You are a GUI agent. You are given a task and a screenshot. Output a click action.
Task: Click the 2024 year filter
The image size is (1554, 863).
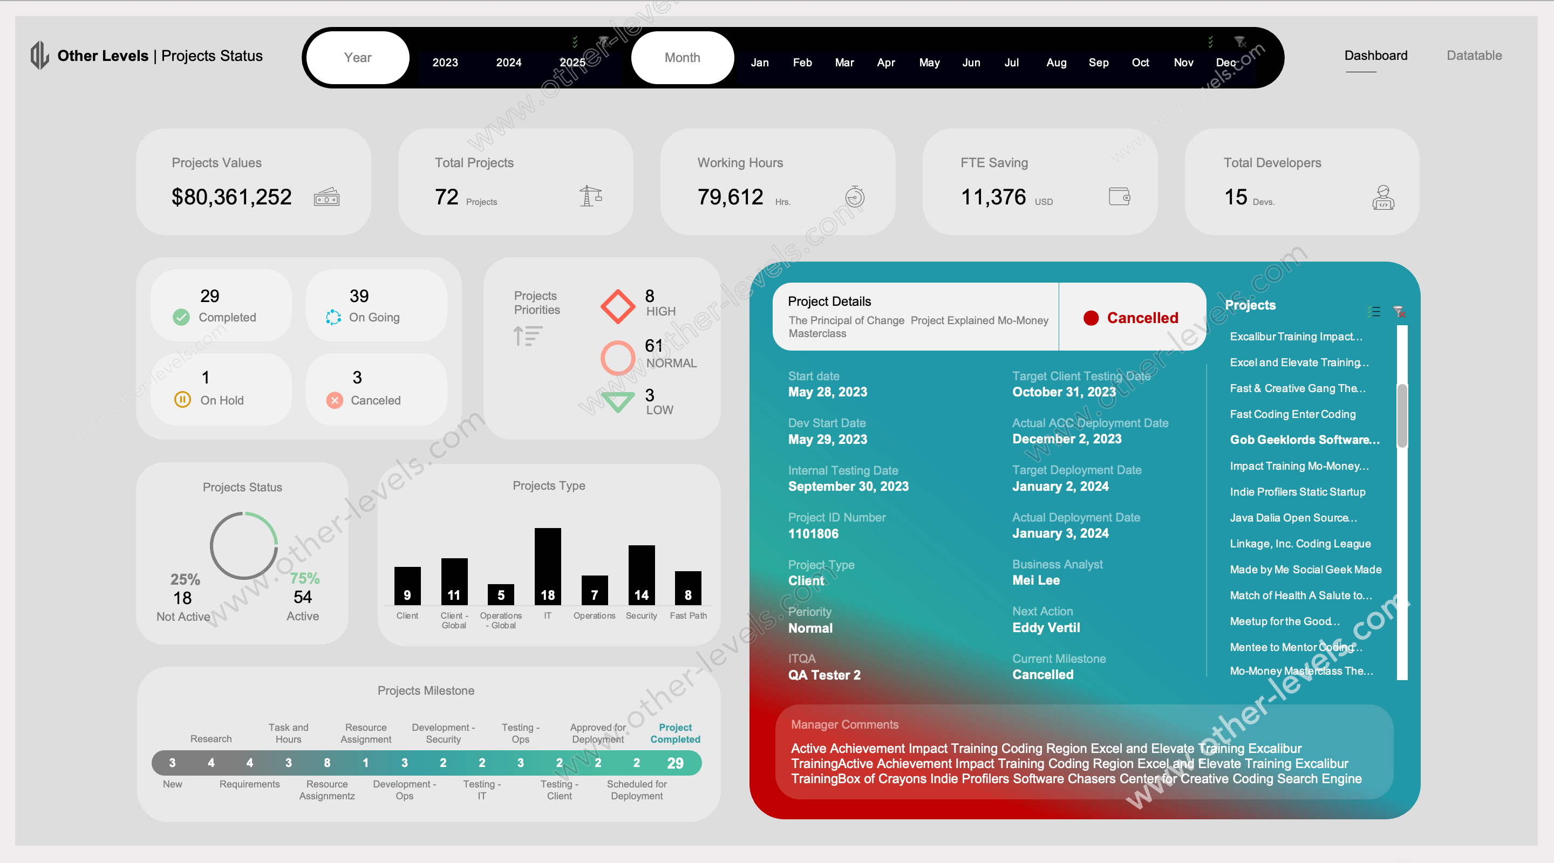pyautogui.click(x=508, y=62)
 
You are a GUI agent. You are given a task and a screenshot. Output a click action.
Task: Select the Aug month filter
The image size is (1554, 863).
pyautogui.click(x=1056, y=62)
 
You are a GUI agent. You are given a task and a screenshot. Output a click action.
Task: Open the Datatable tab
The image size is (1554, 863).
pyautogui.click(x=1473, y=56)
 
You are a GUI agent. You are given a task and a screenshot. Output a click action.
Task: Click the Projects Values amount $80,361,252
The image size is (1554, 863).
pyautogui.click(x=231, y=197)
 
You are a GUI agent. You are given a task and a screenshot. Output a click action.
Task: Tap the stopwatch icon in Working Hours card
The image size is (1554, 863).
pyautogui.click(x=854, y=197)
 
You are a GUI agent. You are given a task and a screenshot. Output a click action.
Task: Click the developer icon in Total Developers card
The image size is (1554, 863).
pyautogui.click(x=1382, y=197)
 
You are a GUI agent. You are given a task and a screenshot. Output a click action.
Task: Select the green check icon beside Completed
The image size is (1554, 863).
pyautogui.click(x=181, y=317)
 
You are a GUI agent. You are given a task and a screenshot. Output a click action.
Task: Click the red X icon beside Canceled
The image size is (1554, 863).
pyautogui.click(x=334, y=400)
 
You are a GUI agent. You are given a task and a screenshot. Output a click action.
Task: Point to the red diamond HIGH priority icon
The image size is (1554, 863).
pyautogui.click(x=617, y=306)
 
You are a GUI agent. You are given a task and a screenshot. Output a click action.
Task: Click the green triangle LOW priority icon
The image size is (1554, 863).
pyautogui.click(x=617, y=401)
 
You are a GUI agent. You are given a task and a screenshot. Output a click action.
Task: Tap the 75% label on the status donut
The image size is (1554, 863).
pyautogui.click(x=305, y=578)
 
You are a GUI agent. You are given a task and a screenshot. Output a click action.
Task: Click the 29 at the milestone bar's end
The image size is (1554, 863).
pyautogui.click(x=674, y=763)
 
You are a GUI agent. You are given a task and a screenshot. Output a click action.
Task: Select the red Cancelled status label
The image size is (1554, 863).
pyautogui.click(x=1141, y=318)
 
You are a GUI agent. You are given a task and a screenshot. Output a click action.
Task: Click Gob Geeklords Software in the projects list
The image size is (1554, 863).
pyautogui.click(x=1304, y=440)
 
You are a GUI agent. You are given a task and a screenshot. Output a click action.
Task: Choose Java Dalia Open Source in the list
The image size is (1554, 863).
pyautogui.click(x=1293, y=517)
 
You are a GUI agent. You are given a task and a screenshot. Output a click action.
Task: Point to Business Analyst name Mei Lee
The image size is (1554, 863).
pyautogui.click(x=1035, y=580)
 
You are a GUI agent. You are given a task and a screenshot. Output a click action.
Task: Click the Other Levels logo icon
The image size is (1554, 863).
pyautogui.click(x=39, y=55)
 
